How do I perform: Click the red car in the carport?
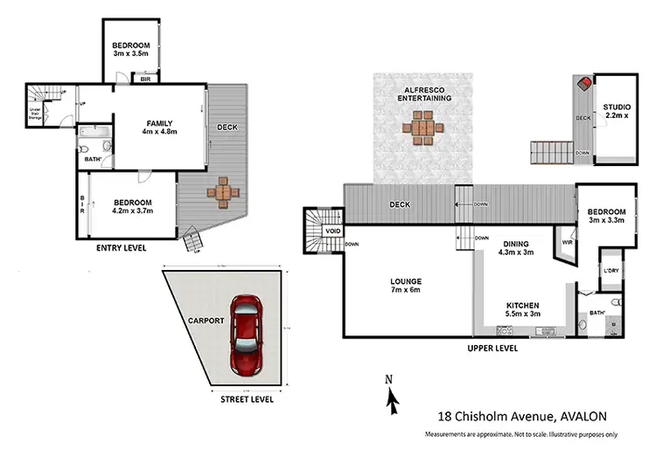point(247,334)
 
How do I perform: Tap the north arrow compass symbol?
point(393,397)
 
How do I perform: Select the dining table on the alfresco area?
point(421,130)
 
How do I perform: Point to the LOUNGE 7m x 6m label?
point(406,286)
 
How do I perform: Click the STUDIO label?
point(616,111)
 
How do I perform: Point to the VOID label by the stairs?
point(332,231)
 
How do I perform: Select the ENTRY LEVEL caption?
point(121,248)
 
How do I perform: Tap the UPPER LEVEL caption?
point(493,347)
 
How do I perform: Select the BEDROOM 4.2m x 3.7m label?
point(133,205)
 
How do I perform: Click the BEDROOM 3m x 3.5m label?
point(132,50)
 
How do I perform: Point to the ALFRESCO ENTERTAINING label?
point(422,93)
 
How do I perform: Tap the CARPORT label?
point(205,321)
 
